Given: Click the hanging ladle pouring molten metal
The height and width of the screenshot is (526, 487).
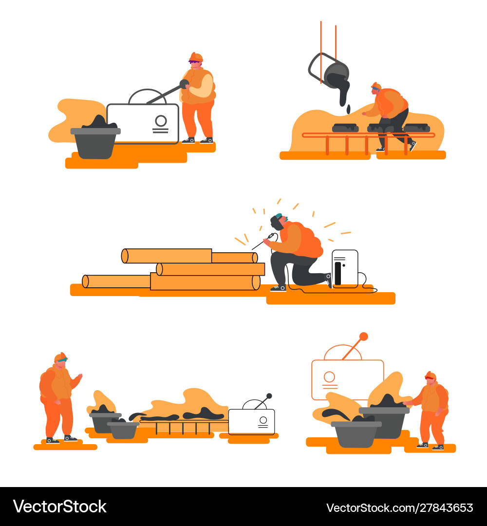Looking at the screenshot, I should (x=336, y=75).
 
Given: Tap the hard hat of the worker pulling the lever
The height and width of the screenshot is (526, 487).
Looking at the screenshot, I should (x=196, y=56).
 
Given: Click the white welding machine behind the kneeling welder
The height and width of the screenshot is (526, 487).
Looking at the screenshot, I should (x=345, y=268).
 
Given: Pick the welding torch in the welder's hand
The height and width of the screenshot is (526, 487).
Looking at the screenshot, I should (x=269, y=238).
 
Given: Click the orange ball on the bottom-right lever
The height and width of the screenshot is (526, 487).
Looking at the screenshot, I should (x=363, y=336).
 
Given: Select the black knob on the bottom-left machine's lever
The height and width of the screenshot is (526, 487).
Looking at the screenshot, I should (x=269, y=396).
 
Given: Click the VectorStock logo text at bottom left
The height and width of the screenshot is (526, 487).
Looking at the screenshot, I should (x=59, y=507).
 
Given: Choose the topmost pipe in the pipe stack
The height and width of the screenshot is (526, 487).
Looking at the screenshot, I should (x=167, y=256).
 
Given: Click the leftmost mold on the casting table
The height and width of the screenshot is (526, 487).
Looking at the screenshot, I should (x=345, y=128).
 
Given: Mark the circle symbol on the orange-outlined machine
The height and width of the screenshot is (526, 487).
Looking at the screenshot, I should (x=330, y=376).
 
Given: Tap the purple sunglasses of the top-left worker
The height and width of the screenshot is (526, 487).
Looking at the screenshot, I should (x=194, y=62).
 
